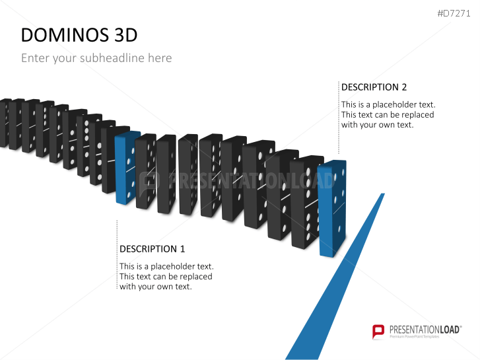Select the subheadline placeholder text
pos(96,58)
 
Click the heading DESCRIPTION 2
pos(374,87)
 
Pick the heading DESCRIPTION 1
pos(152,249)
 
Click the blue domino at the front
pos(332,208)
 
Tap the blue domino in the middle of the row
pos(126,168)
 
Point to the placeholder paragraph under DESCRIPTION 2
pos(388,114)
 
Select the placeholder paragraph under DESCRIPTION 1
pos(166,276)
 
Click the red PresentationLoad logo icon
pos(378,331)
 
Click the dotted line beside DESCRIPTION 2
pos(339,119)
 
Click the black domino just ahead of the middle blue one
pos(146,172)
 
